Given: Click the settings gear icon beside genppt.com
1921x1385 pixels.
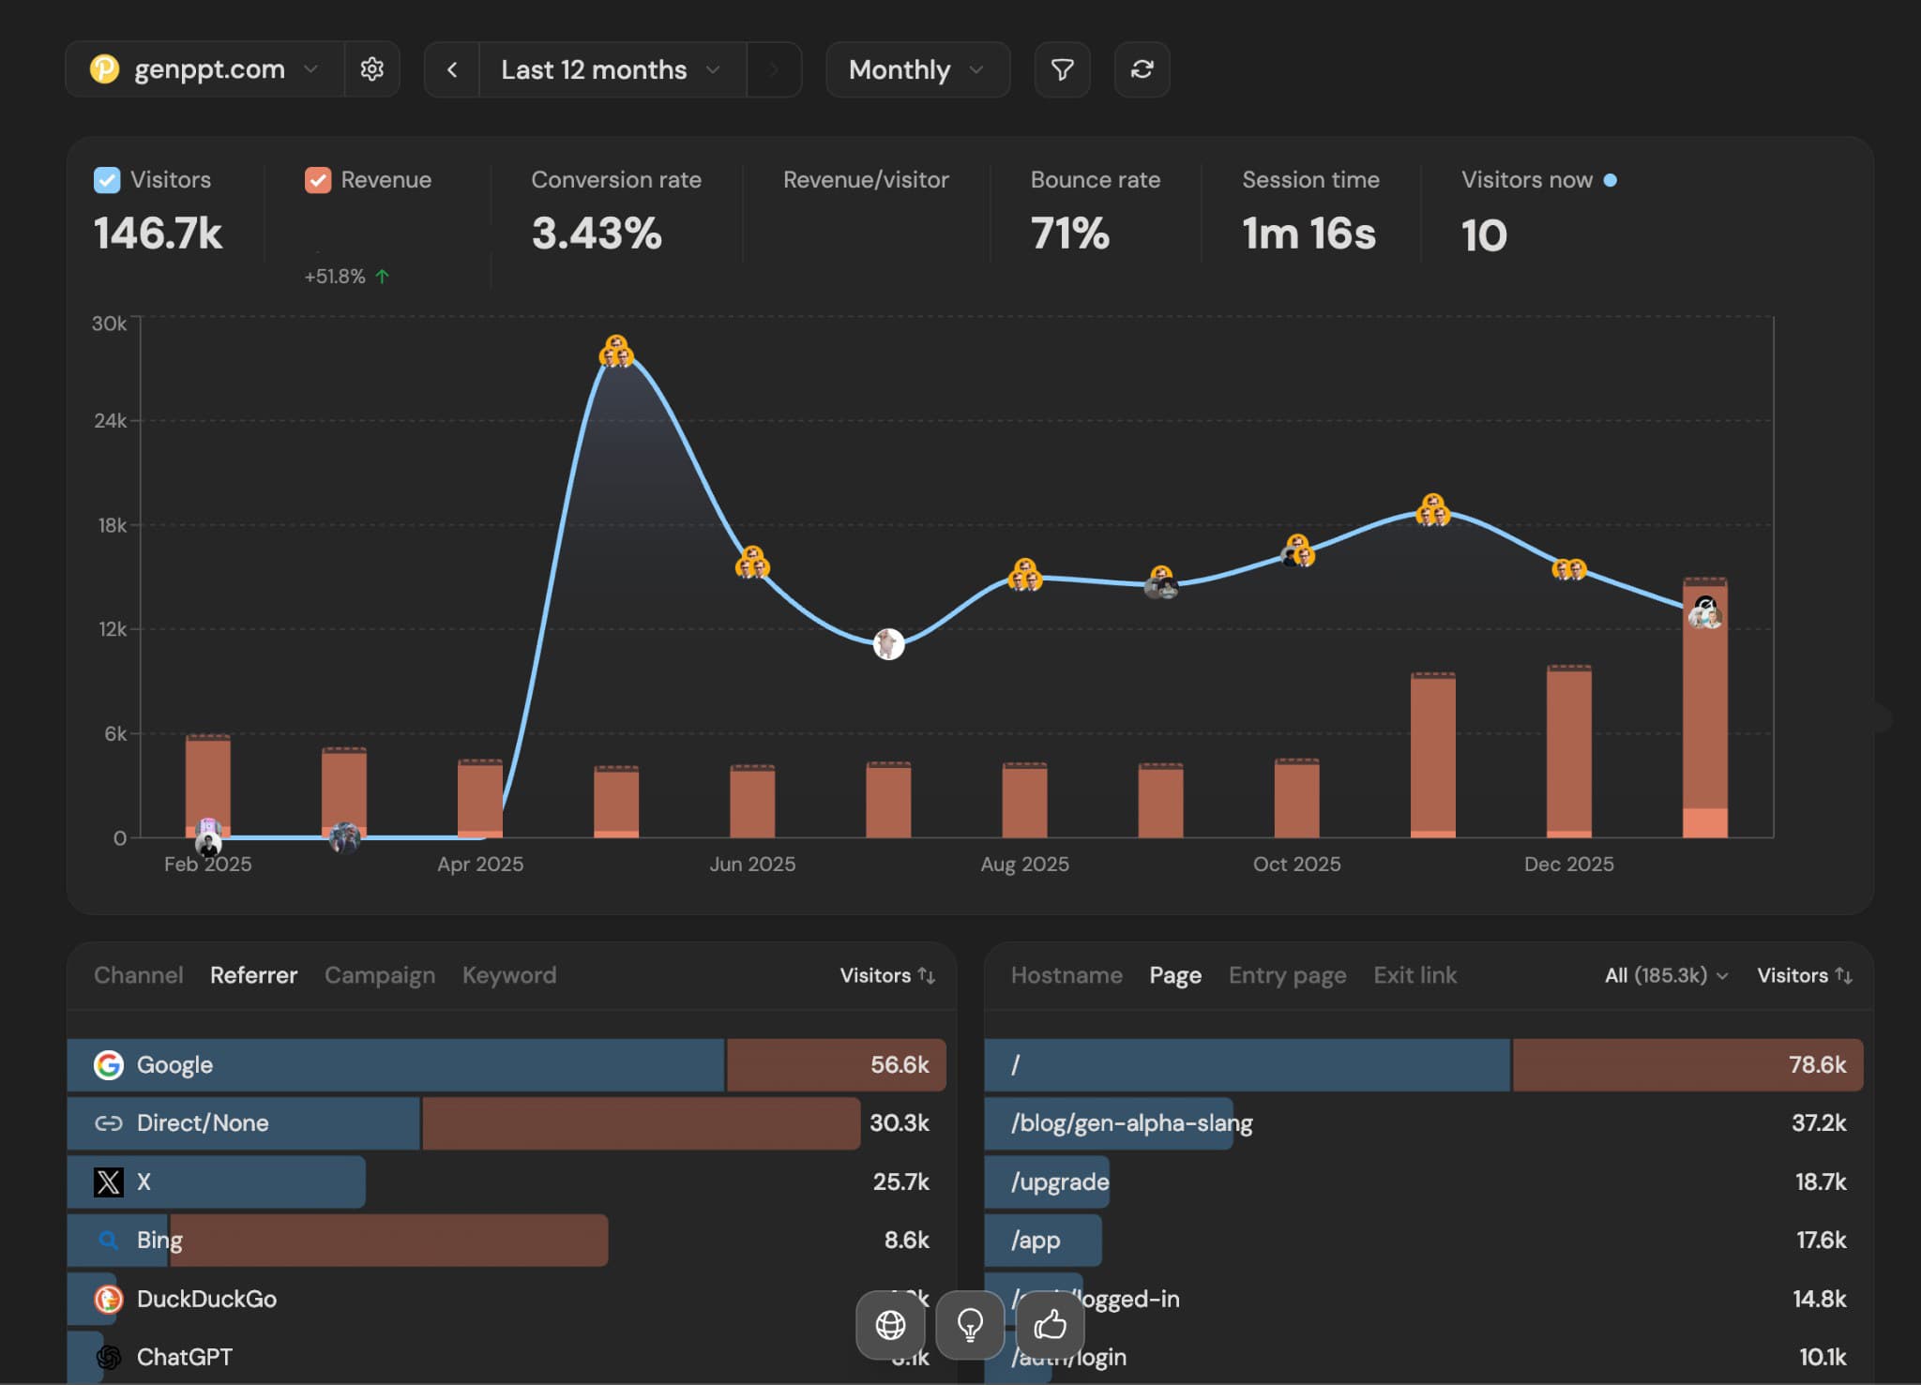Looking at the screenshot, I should (371, 69).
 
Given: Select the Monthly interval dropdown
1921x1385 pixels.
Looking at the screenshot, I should (916, 69).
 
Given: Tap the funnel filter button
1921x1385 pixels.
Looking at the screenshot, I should (1062, 69).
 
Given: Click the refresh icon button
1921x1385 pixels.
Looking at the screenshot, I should (1142, 69).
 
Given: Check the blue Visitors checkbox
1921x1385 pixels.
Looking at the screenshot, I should (107, 180).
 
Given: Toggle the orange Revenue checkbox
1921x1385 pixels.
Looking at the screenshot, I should (318, 180).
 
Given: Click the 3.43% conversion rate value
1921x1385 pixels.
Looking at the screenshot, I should (597, 233).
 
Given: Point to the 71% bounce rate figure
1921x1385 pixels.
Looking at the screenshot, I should (1069, 233).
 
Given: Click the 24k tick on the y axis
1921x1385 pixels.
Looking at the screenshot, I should (110, 421).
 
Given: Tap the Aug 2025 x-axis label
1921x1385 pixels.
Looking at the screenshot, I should (1024, 864).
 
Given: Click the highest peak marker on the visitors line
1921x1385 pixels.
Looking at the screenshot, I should (616, 353).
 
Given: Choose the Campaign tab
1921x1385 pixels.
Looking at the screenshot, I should (380, 975).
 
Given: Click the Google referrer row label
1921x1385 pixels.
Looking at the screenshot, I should (174, 1065).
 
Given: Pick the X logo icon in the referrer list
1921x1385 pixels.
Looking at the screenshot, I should (109, 1182).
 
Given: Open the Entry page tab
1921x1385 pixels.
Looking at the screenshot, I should (1287, 975).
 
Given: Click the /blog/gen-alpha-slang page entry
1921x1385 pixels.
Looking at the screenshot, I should (1131, 1123).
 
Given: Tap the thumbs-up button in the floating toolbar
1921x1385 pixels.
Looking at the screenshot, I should (1050, 1325).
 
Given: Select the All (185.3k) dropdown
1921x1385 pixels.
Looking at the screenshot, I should (1665, 975).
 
